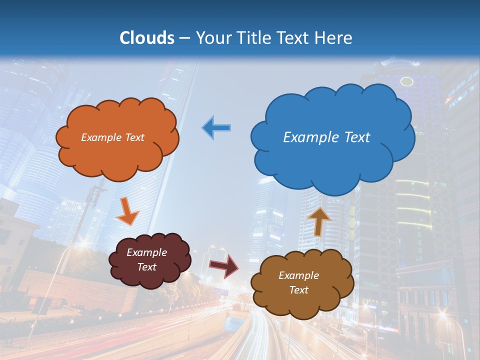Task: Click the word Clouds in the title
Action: pos(147,38)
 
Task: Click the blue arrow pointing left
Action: pos(216,127)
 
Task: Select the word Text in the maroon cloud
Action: pos(147,267)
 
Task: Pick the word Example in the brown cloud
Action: pos(298,275)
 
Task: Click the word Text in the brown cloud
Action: pos(298,290)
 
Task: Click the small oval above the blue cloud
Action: pos(407,81)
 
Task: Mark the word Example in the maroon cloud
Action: pos(147,252)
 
